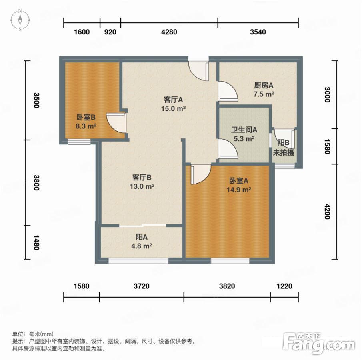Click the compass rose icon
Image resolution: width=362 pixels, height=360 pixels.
tap(20, 20)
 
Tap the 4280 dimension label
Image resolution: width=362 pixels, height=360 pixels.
tap(169, 32)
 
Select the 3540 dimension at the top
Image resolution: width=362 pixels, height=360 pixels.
tap(258, 32)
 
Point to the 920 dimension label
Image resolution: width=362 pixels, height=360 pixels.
tap(110, 32)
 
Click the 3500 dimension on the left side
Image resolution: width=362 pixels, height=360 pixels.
tap(36, 100)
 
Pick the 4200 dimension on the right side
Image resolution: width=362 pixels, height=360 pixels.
tap(327, 211)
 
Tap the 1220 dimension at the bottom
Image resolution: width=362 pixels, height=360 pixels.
tap(284, 286)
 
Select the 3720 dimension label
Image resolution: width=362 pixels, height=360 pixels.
tap(142, 286)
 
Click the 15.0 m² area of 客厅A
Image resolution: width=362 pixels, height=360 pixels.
tap(173, 108)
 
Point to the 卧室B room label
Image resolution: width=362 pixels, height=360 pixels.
tap(86, 117)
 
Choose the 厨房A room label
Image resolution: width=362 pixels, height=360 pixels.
tap(264, 86)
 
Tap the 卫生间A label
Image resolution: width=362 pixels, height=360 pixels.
tap(244, 130)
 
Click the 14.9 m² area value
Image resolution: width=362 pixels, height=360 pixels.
tap(239, 190)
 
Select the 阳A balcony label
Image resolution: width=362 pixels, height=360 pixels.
tap(141, 237)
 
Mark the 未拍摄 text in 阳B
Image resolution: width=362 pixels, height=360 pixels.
tap(284, 153)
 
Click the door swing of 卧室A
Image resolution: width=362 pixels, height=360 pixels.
tap(201, 174)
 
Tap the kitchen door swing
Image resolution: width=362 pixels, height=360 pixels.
tap(228, 91)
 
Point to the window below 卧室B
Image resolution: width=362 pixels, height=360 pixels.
tap(79, 141)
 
